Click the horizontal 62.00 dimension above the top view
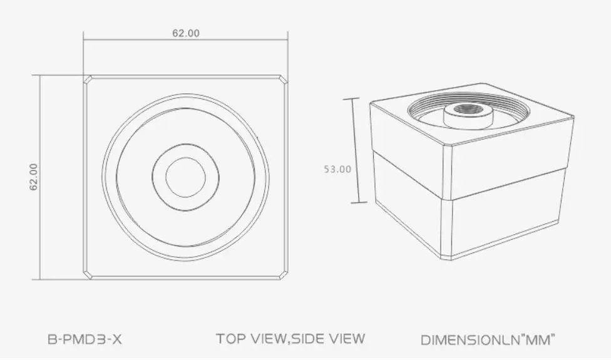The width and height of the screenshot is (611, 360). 186,33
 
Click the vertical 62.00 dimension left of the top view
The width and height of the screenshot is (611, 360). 34,177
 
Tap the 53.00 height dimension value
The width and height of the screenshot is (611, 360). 337,169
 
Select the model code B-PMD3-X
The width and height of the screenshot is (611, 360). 85,339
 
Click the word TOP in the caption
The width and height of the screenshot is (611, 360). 232,338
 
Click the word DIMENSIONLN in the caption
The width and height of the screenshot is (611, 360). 470,339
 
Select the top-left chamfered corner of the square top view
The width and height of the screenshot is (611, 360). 88,80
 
